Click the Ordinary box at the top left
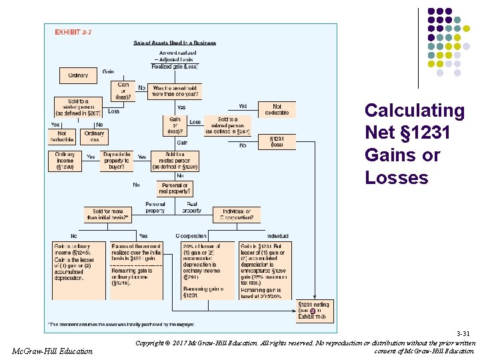[78, 75]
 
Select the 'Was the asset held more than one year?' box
[176, 91]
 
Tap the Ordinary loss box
[95, 137]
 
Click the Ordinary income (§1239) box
[65, 161]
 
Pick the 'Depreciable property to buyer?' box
[117, 161]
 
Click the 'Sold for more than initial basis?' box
[107, 215]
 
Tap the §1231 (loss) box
[277, 142]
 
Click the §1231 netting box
[314, 309]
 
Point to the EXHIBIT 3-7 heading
[73, 32]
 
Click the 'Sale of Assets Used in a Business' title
[175, 43]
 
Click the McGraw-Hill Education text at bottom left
[53, 351]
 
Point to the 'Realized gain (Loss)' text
[175, 66]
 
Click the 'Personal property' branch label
[155, 207]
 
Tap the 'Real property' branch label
[192, 207]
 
